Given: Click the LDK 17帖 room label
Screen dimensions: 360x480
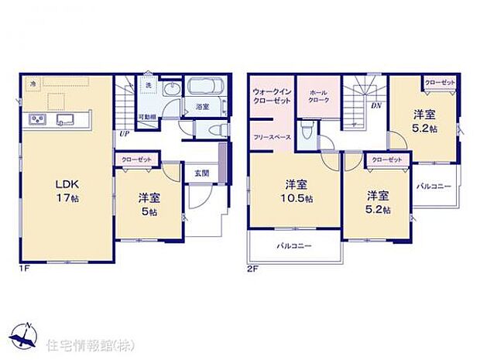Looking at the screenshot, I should pos(67,190).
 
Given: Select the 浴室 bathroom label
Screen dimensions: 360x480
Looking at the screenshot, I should pos(202,107).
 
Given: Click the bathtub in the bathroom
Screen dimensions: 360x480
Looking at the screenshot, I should pos(203,87).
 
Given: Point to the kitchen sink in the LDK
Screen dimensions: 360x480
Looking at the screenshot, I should pos(63,118).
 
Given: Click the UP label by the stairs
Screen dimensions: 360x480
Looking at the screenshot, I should pos(124,132).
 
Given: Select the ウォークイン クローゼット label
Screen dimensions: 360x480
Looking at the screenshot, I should pos(269,97).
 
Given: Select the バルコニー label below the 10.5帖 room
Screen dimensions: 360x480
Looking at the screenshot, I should pos(294,247).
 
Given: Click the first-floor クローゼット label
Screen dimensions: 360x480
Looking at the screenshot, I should pos(138,159).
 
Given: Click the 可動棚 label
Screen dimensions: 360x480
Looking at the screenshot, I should pos(147,117).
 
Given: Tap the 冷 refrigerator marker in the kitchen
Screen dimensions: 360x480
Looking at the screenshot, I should pos(33,82).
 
